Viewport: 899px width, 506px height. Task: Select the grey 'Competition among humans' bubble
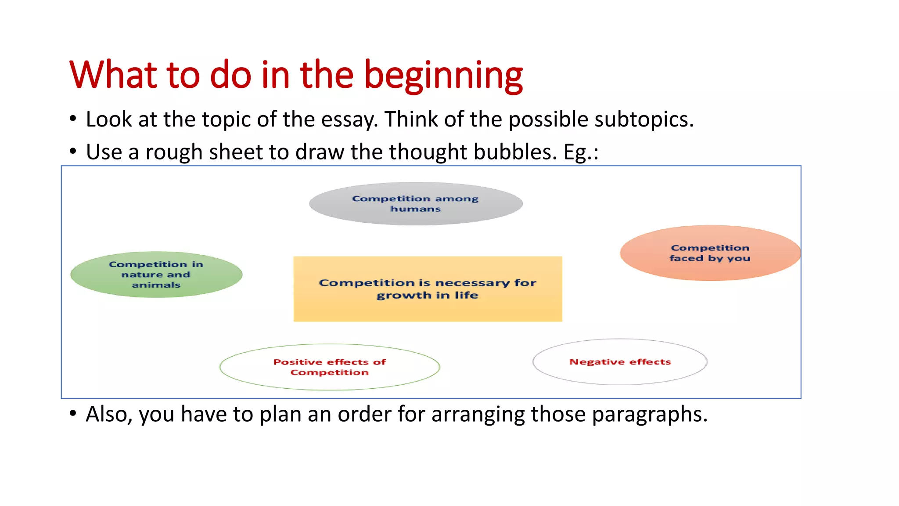coord(416,204)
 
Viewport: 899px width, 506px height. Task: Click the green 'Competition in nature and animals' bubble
coord(156,275)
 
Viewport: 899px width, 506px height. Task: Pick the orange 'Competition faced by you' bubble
coord(710,253)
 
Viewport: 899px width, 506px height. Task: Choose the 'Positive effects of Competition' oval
coord(329,367)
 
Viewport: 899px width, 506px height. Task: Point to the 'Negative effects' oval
coord(620,362)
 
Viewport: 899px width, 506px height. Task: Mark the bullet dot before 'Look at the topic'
coord(73,119)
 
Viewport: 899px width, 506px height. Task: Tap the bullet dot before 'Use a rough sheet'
coord(73,152)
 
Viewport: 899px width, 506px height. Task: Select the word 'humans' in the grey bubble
coord(415,209)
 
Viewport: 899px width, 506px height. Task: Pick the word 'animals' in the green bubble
coord(156,285)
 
